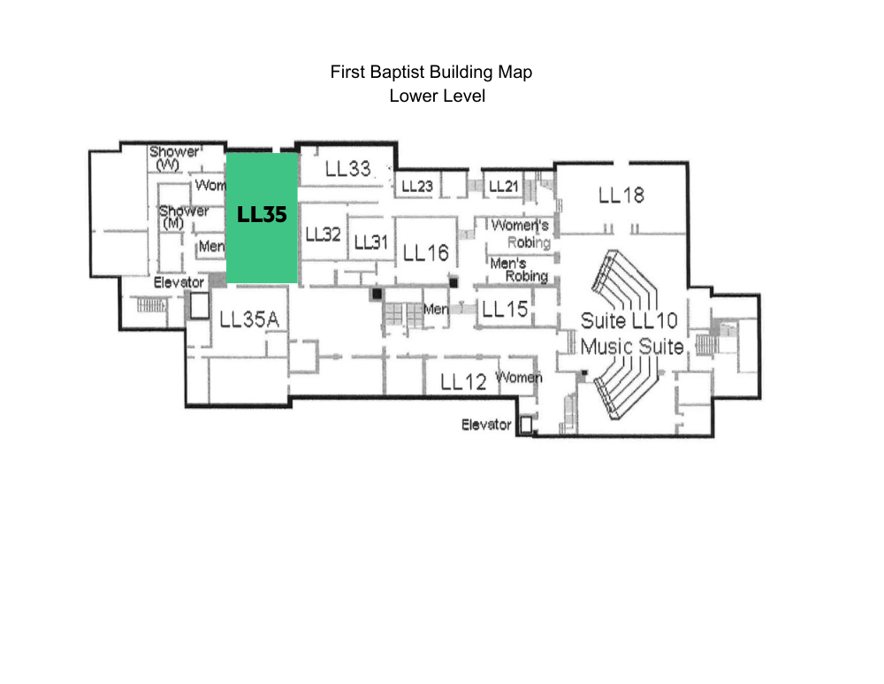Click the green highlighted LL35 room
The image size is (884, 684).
(262, 218)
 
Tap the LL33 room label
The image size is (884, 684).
(347, 168)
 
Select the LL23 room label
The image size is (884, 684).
(417, 186)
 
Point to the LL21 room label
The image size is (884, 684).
(504, 186)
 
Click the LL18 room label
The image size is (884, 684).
(621, 196)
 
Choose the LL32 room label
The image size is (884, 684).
(323, 234)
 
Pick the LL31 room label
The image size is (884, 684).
(371, 242)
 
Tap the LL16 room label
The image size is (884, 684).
(426, 253)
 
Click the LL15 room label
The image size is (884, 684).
(505, 309)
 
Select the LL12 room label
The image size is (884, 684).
(463, 382)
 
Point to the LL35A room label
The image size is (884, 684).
(249, 319)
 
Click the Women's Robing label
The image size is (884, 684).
(521, 234)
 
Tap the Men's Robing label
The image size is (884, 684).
(519, 270)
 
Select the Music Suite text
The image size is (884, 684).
(632, 346)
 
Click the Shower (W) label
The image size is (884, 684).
(173, 158)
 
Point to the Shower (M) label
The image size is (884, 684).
(183, 217)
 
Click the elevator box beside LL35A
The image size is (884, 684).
(199, 306)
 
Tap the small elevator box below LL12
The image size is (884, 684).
(526, 425)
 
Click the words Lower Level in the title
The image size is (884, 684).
(437, 96)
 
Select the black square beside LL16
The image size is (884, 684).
(453, 282)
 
